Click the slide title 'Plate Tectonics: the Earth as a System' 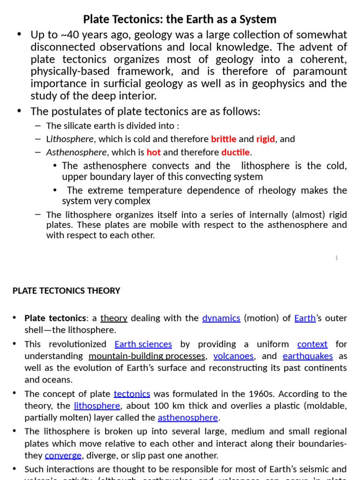pyautogui.click(x=180, y=19)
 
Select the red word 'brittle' pyautogui.click(x=224, y=139)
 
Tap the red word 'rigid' pyautogui.click(x=266, y=139)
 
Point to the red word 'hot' pyautogui.click(x=153, y=152)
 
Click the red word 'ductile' pyautogui.click(x=236, y=152)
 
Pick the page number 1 pyautogui.click(x=337, y=258)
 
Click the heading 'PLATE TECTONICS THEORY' pyautogui.click(x=66, y=291)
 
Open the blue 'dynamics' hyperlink pyautogui.click(x=221, y=318)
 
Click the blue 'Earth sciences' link pyautogui.click(x=143, y=344)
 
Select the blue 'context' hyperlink pyautogui.click(x=312, y=344)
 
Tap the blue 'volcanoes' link pyautogui.click(x=233, y=356)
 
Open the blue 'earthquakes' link pyautogui.click(x=307, y=356)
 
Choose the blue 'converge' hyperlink pyautogui.click(x=63, y=456)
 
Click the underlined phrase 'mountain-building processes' pyautogui.click(x=147, y=356)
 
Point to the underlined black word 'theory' pyautogui.click(x=114, y=318)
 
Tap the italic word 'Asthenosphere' pyautogui.click(x=76, y=152)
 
